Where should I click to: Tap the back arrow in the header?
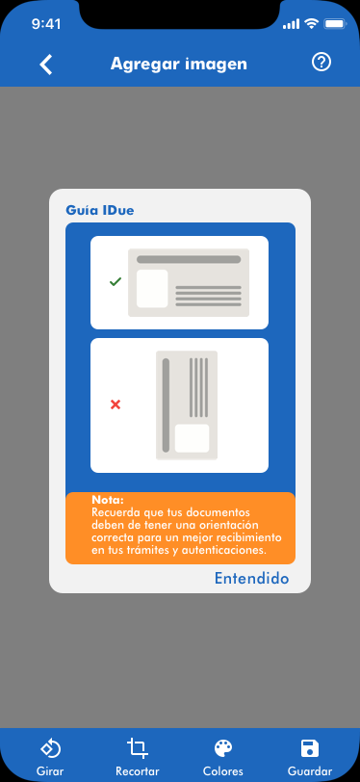coord(46,65)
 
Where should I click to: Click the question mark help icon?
coord(321,63)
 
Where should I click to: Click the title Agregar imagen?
coord(178,65)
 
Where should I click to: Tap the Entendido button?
coord(251,579)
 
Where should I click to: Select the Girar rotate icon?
coord(50,748)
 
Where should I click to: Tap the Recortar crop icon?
coord(137,748)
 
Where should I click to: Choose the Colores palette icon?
coord(223,748)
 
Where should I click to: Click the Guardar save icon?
coord(310,748)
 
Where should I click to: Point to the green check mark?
coord(116,282)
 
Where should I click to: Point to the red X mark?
coord(116,404)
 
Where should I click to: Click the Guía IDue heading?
coord(100,211)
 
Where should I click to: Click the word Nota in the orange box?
coord(107,500)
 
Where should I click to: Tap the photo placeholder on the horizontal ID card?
coord(152,288)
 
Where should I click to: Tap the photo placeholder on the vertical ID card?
coord(192,438)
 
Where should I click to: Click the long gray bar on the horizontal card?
coord(189,259)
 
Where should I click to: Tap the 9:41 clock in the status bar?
coord(46,24)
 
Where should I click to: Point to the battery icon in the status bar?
coord(335,23)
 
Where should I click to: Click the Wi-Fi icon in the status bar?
coord(312,23)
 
